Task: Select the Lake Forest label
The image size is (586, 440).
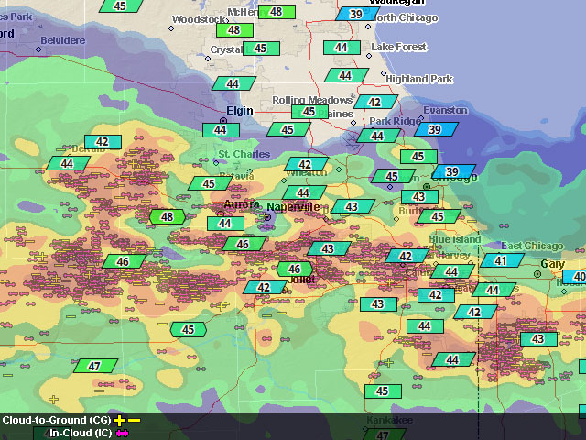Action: pos(400,48)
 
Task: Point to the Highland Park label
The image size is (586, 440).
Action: pos(418,79)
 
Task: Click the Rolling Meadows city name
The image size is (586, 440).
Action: pos(312,100)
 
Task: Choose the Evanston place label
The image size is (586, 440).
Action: pos(444,111)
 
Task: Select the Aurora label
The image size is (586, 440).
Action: pos(242,204)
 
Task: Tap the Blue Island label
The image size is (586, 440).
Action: pos(454,239)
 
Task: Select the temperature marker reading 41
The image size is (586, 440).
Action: pos(501,261)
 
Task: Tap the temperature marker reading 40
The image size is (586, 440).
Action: pos(578,277)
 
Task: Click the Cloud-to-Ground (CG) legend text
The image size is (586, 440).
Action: pos(56,420)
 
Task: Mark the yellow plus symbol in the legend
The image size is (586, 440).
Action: pos(119,420)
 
